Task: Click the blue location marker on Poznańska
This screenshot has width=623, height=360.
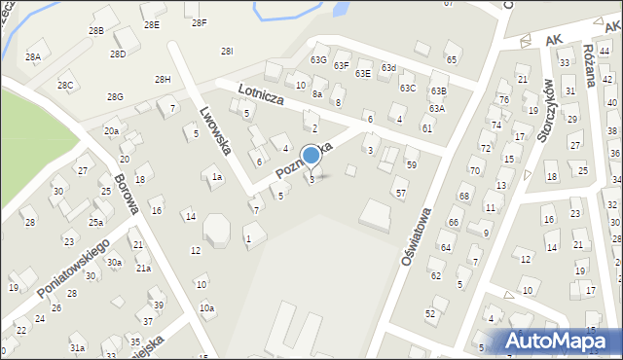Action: point(311,155)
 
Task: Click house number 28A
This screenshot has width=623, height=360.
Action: point(33,57)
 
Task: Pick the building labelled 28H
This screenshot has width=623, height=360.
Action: point(163,79)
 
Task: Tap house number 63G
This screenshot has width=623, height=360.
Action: point(318,60)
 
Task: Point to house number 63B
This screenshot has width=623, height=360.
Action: point(439,90)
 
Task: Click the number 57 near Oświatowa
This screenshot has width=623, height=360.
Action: point(400,194)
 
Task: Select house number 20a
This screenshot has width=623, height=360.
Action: point(112,131)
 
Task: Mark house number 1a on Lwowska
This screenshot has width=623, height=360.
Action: point(217,177)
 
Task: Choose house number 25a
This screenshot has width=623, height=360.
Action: point(96,222)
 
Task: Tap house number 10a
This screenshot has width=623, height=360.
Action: point(206,308)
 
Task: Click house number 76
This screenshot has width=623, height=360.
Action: point(503,100)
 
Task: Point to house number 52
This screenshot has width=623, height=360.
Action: point(430,313)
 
